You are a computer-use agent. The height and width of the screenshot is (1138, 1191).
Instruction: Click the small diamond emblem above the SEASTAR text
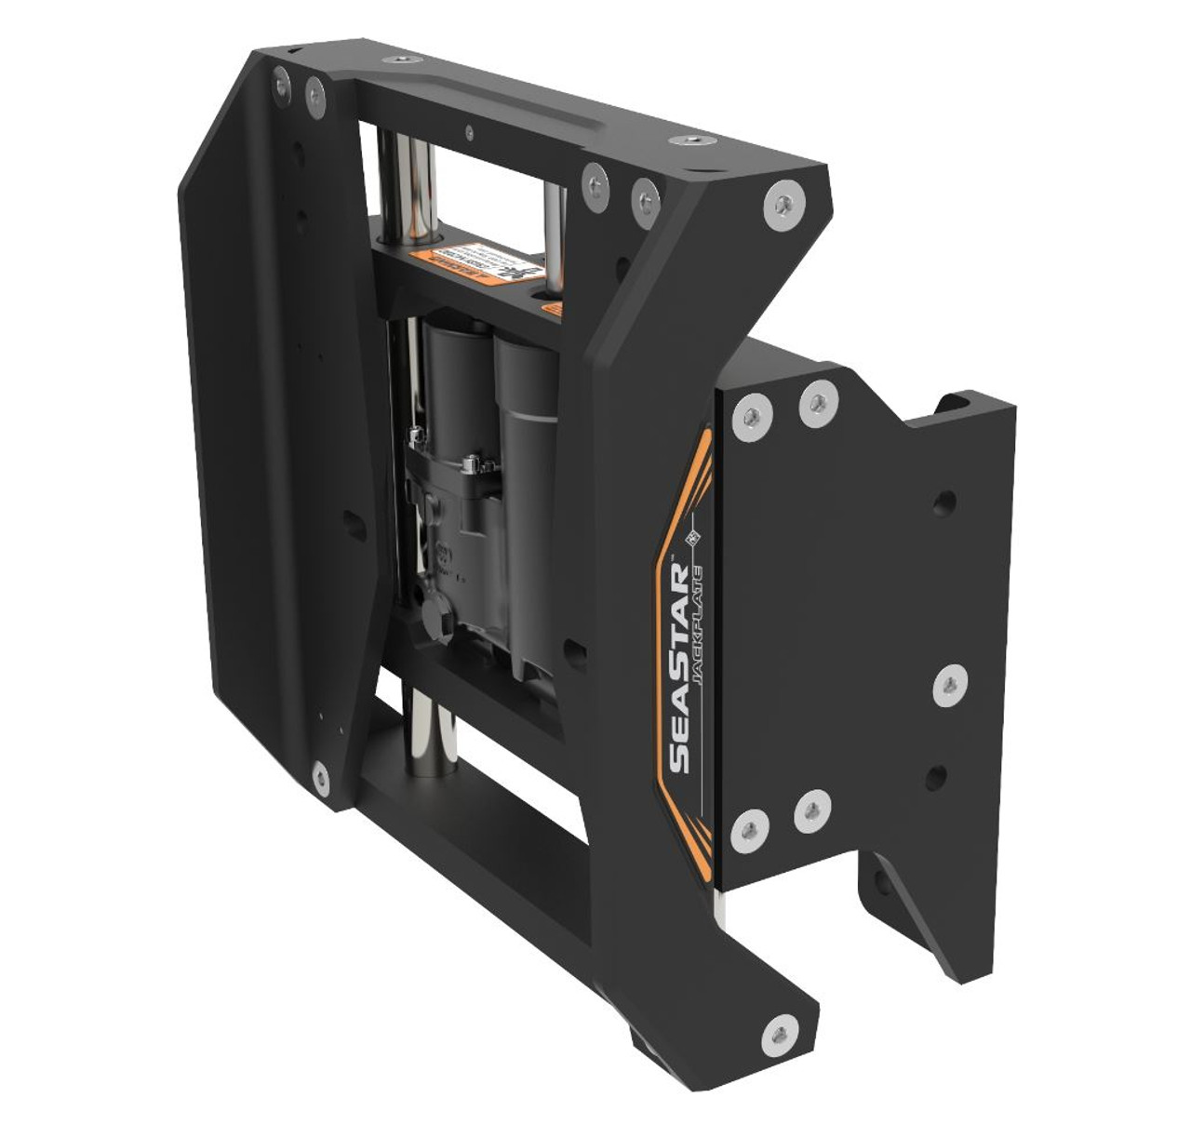692,537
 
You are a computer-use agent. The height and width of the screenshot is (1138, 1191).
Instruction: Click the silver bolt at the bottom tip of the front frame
774,1008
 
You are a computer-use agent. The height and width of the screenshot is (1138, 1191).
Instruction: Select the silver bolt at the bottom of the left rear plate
322,771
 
